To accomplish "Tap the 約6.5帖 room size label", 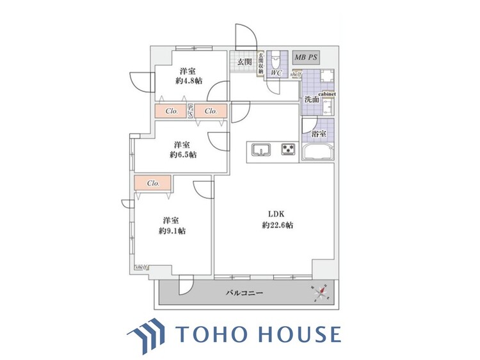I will click(182, 155).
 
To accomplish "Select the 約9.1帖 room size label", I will click(173, 230).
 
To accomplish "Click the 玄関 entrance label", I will click(244, 62).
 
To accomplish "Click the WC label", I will click(276, 74).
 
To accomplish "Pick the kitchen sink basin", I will click(262, 150).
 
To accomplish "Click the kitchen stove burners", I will click(288, 150).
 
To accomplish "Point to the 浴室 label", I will click(318, 134).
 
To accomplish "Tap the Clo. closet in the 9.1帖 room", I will click(152, 184).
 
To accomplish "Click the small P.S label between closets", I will click(191, 111).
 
